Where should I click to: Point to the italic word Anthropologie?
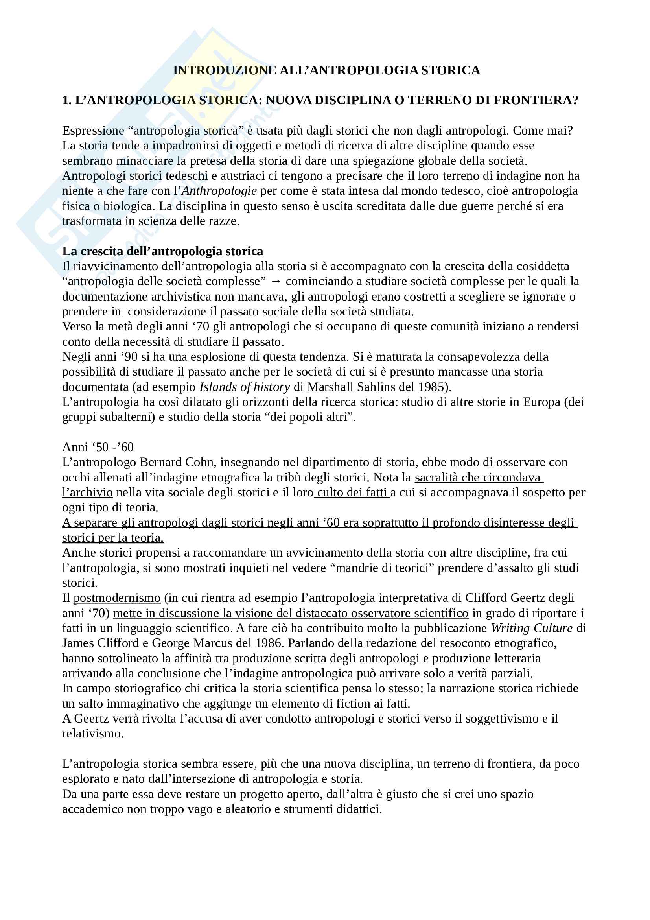point(219,191)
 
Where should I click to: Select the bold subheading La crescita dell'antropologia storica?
point(163,251)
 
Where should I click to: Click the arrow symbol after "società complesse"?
point(276,281)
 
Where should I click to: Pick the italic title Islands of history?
point(244,387)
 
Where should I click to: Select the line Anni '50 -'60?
point(98,447)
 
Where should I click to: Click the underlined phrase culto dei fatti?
point(352,492)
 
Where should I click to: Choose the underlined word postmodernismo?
point(117,598)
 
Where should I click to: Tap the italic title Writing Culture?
point(532,628)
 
